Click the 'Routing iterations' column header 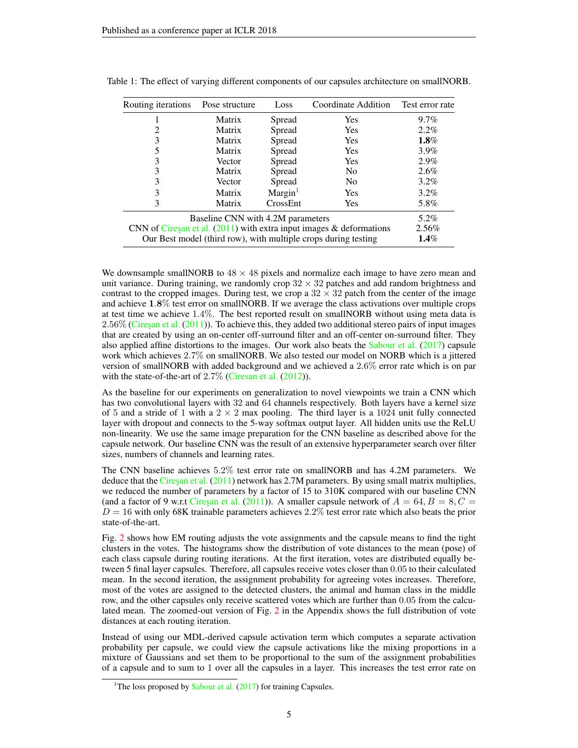pos(157,105)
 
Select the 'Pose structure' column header pos(228,105)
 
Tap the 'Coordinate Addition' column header pos(351,105)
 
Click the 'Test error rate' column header pos(427,105)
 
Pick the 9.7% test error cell pos(427,120)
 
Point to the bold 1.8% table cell pos(427,141)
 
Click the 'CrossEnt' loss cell pos(284,204)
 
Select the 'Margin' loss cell pos(282,193)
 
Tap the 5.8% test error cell pos(427,204)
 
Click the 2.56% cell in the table pos(427,229)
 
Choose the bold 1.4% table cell pos(427,239)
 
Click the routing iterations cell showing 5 pos(157,151)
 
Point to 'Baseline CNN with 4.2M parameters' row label pos(259,219)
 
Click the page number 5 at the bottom pos(289,715)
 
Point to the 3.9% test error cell pos(427,151)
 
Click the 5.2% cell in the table pos(427,219)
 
